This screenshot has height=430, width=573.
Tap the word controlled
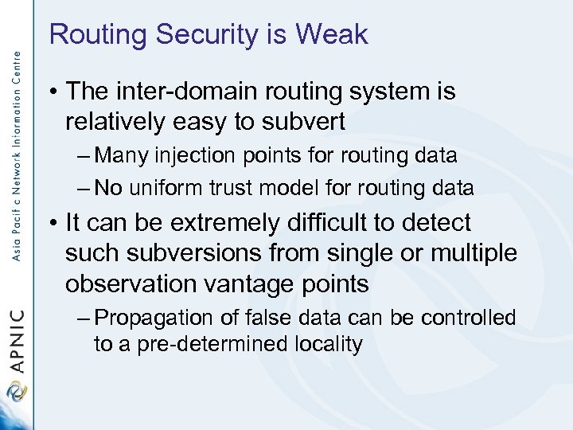tap(470, 318)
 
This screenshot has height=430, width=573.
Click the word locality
tap(328, 345)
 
